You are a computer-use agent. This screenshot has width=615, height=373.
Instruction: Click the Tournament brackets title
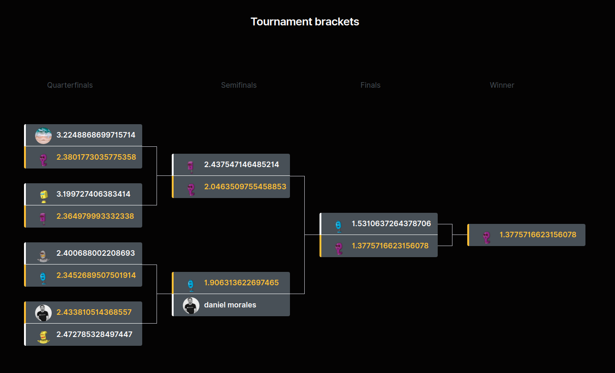pos(305,22)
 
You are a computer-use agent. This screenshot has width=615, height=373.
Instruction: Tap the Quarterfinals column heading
pos(70,85)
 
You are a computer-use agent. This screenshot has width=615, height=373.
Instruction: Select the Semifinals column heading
pos(239,85)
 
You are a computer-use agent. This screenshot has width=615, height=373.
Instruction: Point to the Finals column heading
pos(370,85)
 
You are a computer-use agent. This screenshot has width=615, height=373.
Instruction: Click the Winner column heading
pos(502,85)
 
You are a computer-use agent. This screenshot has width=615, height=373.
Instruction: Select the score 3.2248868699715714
pos(96,135)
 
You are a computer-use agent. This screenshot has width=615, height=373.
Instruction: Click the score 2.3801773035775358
pos(96,157)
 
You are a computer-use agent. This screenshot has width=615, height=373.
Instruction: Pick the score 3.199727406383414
pos(93,194)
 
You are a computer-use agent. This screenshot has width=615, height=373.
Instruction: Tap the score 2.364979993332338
pos(95,216)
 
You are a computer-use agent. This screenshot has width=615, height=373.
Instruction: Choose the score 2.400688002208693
pos(96,253)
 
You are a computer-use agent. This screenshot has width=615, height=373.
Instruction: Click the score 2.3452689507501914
pos(96,275)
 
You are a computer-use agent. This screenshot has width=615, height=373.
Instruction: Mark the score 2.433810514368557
pos(94,312)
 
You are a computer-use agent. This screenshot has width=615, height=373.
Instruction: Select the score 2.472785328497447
pos(94,334)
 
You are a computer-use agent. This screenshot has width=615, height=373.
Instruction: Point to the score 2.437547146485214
pos(241,164)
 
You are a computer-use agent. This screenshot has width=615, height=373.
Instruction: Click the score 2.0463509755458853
pos(245,186)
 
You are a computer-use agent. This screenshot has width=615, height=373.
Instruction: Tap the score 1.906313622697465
pos(241,283)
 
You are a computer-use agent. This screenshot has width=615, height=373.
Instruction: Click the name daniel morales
pos(230,305)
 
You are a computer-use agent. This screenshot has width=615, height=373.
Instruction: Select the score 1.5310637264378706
pos(391,223)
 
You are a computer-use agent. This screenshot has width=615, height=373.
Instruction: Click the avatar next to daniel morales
pos(191,305)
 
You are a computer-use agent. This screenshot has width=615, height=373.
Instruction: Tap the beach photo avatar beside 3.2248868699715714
pos(43,135)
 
